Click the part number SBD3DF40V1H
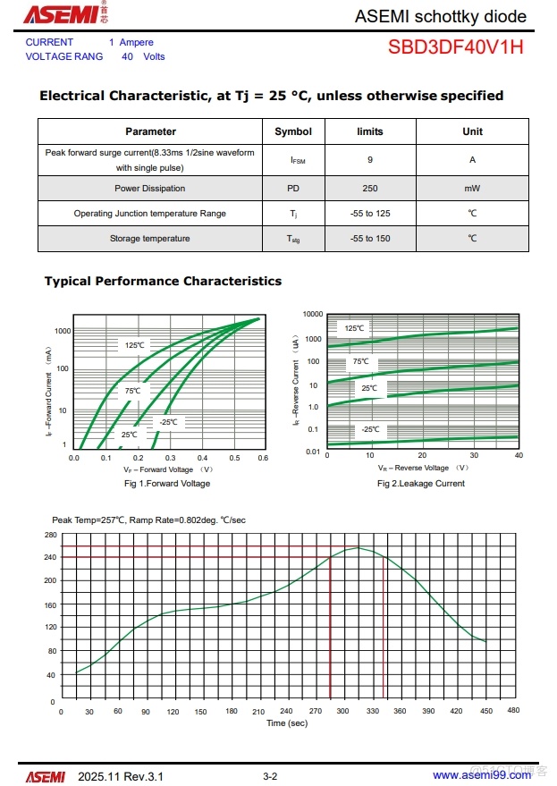(x=455, y=47)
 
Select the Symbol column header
(x=293, y=131)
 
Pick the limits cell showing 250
(x=370, y=189)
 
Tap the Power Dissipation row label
(x=150, y=189)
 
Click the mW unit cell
(x=472, y=189)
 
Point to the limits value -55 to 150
(x=370, y=239)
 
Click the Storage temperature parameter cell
(x=150, y=239)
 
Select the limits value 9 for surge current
(x=370, y=159)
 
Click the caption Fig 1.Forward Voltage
(x=167, y=484)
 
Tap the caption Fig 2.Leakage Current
(x=421, y=484)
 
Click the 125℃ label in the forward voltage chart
(x=134, y=345)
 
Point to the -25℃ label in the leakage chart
(x=369, y=429)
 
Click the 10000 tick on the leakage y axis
(x=312, y=315)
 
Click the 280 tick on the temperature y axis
(x=49, y=534)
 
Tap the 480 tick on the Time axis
(x=513, y=711)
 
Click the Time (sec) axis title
(x=286, y=723)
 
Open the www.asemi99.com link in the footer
(x=481, y=775)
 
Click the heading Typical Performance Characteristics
(x=163, y=281)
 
